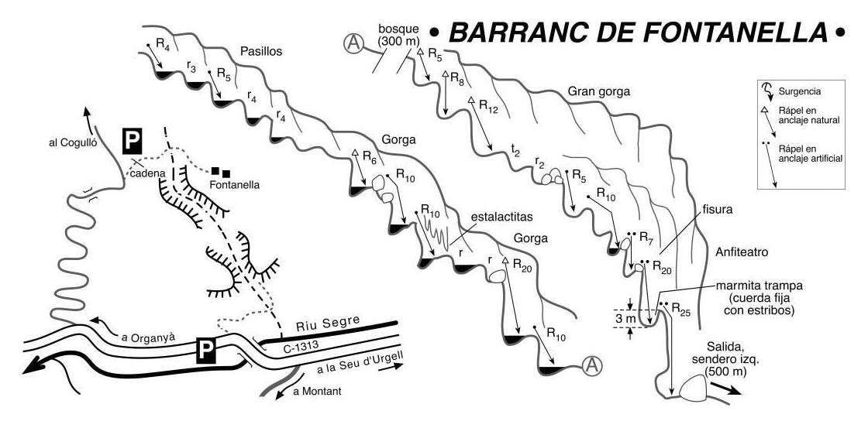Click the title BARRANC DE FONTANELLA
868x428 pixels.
coord(638,33)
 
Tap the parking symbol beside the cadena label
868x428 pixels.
coord(132,141)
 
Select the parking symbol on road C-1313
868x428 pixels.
coord(205,351)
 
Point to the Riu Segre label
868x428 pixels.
coord(329,321)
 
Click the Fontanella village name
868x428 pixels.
coord(235,185)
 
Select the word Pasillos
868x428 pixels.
coord(261,52)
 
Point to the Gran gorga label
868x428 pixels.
coord(599,92)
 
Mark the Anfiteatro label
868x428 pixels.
coord(742,253)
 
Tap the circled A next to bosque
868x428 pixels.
coord(353,43)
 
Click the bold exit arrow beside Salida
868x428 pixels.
coord(725,388)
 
